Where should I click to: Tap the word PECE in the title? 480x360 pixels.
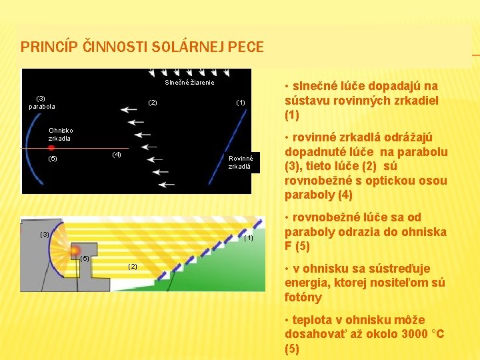[245, 47]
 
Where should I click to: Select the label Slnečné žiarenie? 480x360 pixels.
[190, 83]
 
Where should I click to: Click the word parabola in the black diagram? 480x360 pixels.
[42, 107]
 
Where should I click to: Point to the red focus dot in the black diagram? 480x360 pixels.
[51, 147]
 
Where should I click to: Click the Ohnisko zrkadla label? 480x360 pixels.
[61, 134]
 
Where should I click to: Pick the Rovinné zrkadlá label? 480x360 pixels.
[239, 163]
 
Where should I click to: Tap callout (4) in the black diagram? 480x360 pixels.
[117, 155]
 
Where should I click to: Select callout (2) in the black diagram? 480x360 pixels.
[152, 102]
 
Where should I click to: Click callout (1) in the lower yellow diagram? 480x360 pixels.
[248, 238]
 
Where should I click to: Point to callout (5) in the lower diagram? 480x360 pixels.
[85, 258]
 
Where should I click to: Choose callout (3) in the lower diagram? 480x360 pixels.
[45, 234]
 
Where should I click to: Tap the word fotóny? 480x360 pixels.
[303, 297]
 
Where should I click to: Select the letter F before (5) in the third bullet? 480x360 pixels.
[288, 246]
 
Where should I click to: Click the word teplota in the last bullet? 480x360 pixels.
[311, 320]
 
